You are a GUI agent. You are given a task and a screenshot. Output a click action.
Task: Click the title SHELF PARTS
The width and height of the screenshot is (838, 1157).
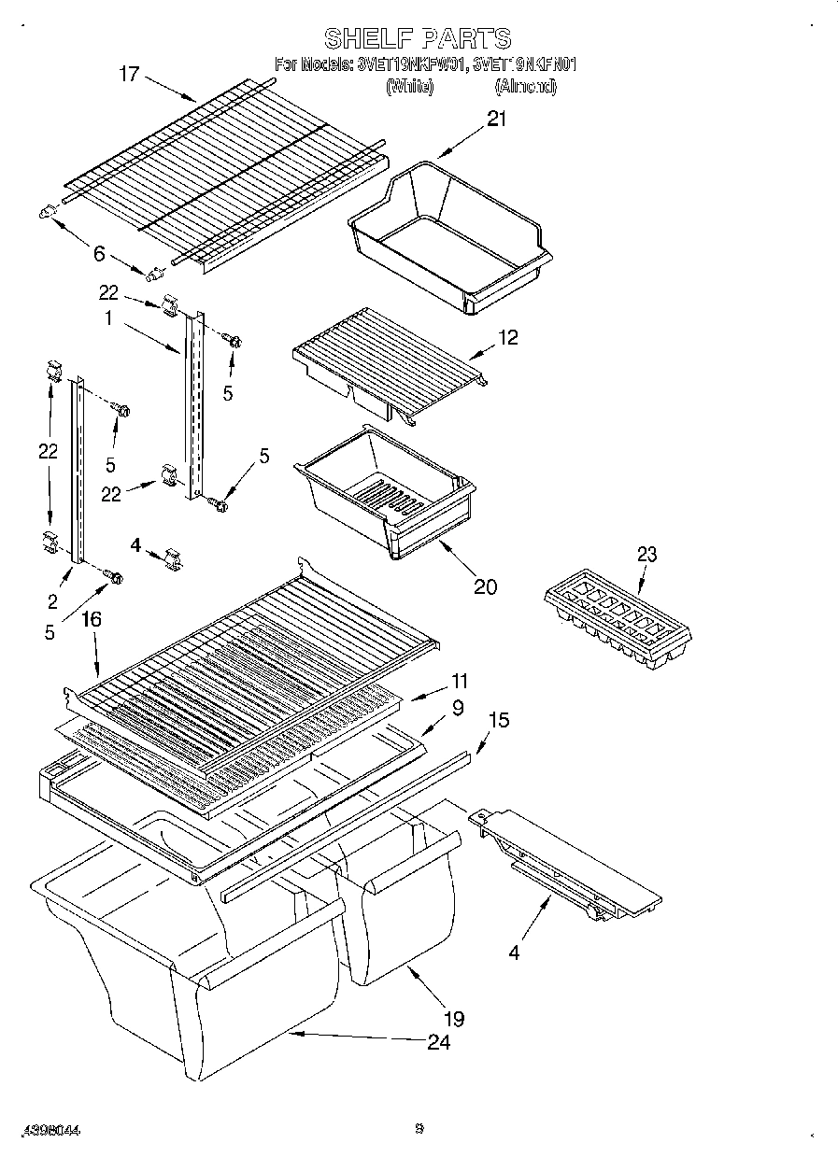[418, 38]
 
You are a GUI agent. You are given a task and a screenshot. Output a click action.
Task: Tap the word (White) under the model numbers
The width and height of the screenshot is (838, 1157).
[409, 87]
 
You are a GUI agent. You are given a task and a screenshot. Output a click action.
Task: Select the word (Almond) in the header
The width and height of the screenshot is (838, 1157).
[525, 87]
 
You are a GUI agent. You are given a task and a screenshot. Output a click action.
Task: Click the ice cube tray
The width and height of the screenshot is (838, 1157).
[618, 618]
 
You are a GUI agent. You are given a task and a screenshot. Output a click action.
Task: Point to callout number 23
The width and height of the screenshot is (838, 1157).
[646, 555]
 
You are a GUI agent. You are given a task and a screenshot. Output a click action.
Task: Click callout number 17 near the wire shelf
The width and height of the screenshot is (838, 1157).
[129, 74]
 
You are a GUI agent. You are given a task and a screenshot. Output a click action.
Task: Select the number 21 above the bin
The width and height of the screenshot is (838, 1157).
[496, 119]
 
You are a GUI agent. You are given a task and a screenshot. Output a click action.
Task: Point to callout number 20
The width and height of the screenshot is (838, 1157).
[485, 586]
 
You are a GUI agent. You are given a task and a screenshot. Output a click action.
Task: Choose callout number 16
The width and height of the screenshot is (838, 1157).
[92, 619]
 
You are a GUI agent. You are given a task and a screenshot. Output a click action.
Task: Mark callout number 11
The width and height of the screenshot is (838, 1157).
[459, 682]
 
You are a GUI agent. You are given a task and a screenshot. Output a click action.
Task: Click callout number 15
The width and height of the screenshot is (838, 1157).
[501, 720]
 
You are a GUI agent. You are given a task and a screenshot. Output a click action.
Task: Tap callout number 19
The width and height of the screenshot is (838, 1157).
[454, 1018]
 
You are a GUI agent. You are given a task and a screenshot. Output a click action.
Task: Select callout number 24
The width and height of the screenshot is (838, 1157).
[439, 1042]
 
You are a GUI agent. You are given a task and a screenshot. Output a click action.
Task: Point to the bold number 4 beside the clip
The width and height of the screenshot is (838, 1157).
[135, 544]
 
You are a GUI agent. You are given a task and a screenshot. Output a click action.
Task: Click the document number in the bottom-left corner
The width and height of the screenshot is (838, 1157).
[46, 1130]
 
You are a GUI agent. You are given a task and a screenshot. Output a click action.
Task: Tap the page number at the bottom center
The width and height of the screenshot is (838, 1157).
[419, 1128]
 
